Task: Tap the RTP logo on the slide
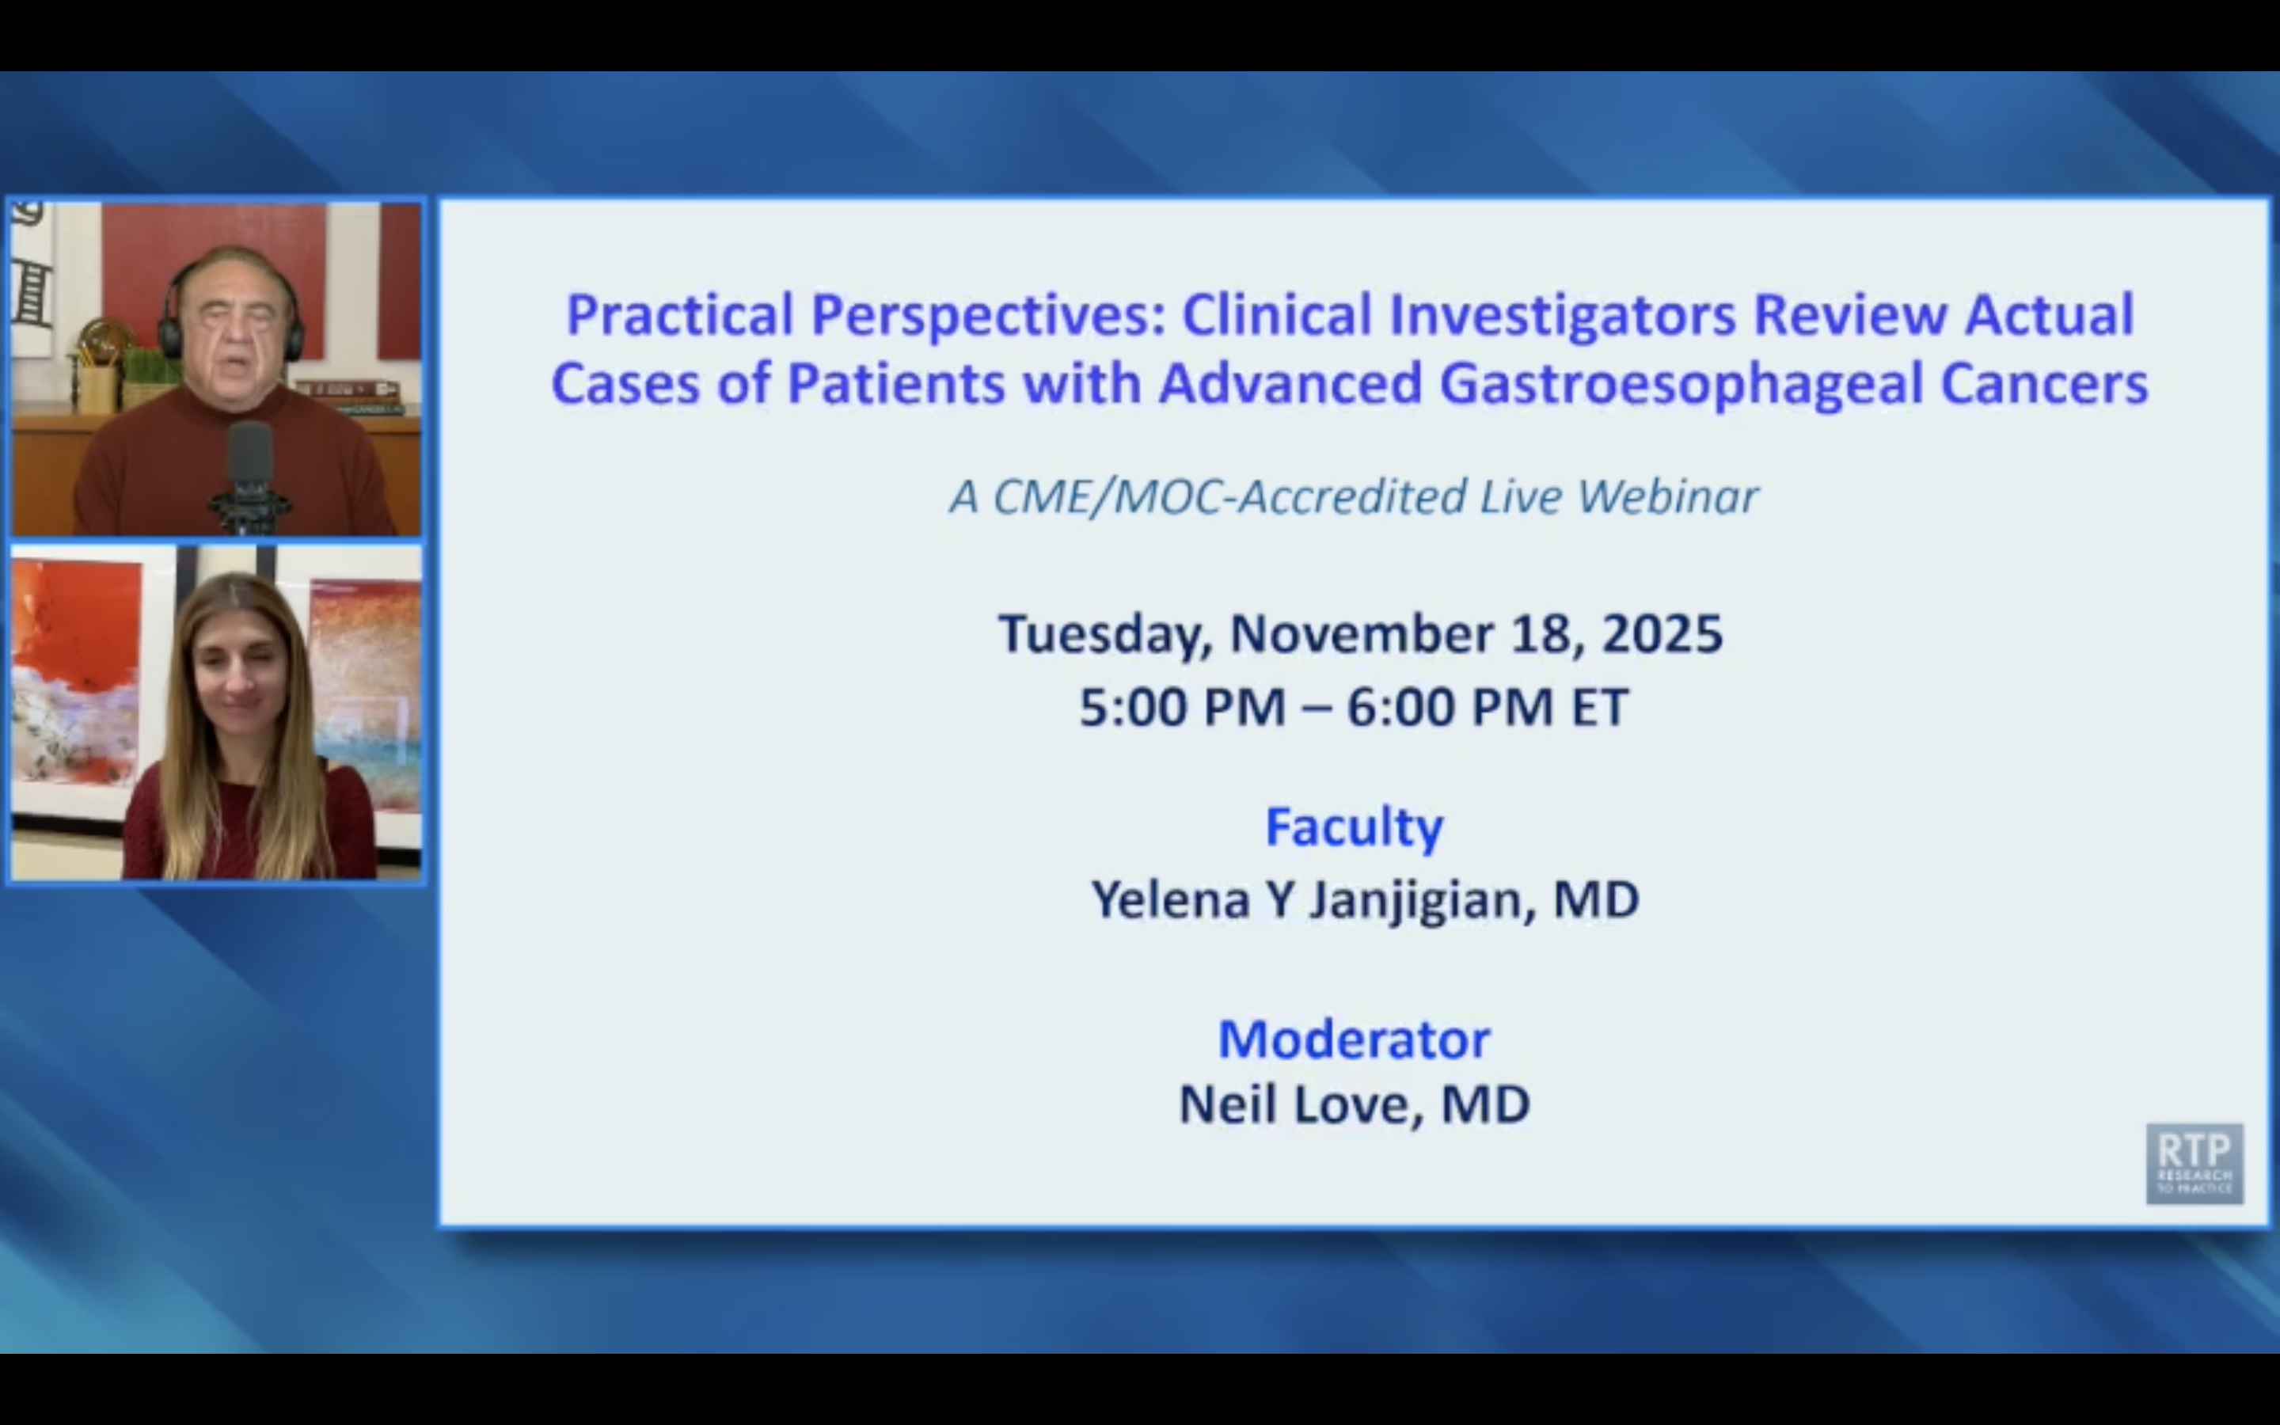click(x=2194, y=1162)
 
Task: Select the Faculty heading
click(x=1353, y=826)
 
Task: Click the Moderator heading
click(x=1353, y=1039)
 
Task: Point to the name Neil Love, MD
click(x=1353, y=1104)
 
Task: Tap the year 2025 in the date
click(x=1662, y=633)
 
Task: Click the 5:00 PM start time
click(x=1181, y=707)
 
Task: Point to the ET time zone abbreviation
click(x=1599, y=707)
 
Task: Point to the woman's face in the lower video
click(x=239, y=674)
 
